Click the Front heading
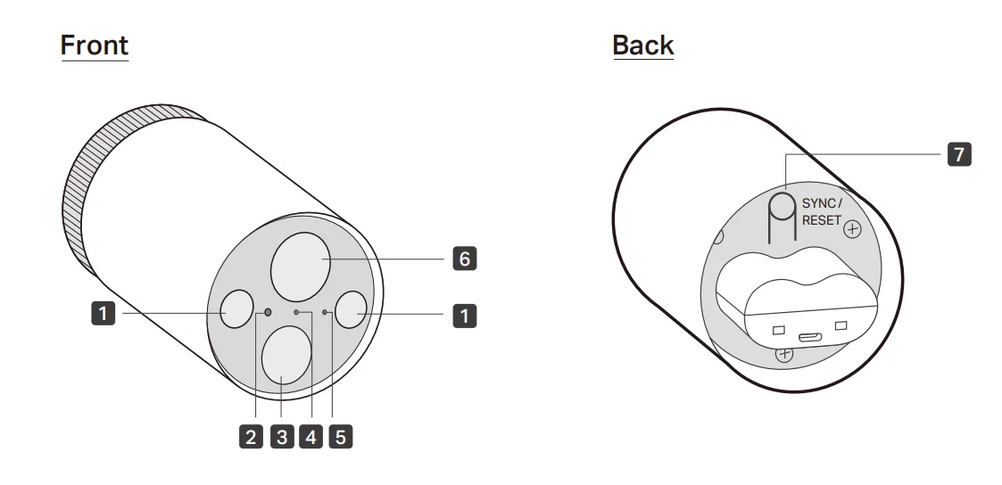95,45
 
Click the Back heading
642,45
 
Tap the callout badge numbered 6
465,259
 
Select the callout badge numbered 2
251,437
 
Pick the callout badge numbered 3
282,437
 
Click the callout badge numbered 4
311,437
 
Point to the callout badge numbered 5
341,437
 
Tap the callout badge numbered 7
959,154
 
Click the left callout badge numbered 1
104,314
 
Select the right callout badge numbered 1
465,316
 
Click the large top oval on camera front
301,267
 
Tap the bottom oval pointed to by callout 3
286,356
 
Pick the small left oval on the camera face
236,308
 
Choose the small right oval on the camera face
352,309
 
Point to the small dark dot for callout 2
268,312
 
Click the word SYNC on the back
819,203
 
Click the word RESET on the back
822,221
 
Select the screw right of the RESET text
852,229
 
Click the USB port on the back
809,336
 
